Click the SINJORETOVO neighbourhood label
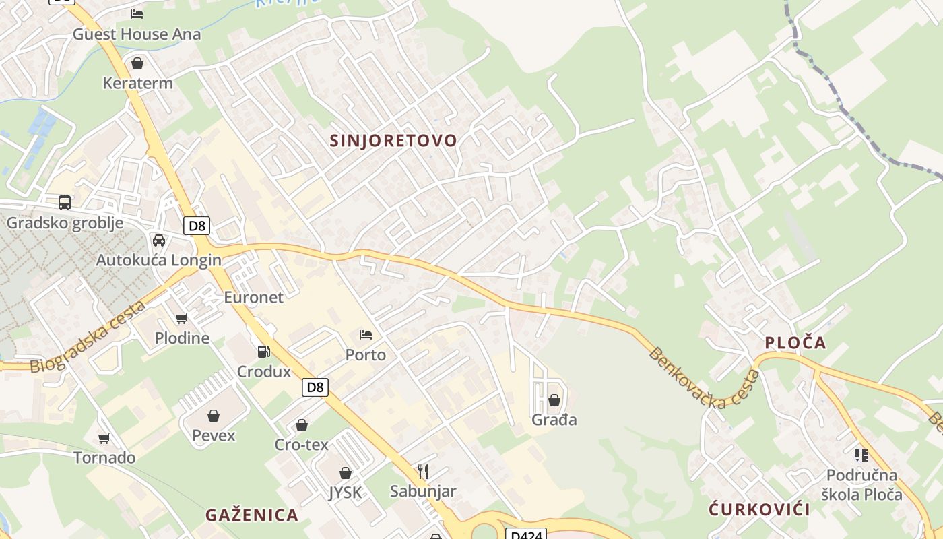click(x=393, y=141)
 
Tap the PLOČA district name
click(x=795, y=343)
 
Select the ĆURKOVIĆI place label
click(x=759, y=509)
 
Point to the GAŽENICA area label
click(x=252, y=515)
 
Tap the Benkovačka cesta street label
click(x=705, y=379)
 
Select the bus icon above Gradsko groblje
click(x=65, y=202)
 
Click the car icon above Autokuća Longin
click(x=159, y=241)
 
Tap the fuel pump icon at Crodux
click(x=264, y=351)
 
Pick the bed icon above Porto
click(x=366, y=334)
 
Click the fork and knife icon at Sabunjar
click(x=423, y=471)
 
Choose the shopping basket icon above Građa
click(x=554, y=400)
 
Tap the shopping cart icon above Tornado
click(x=104, y=438)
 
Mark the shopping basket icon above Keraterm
click(x=137, y=63)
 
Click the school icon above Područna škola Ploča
click(x=861, y=455)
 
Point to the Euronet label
click(x=253, y=297)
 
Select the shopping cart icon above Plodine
click(x=181, y=318)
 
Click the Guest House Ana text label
click(x=137, y=34)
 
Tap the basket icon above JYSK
click(x=346, y=473)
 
